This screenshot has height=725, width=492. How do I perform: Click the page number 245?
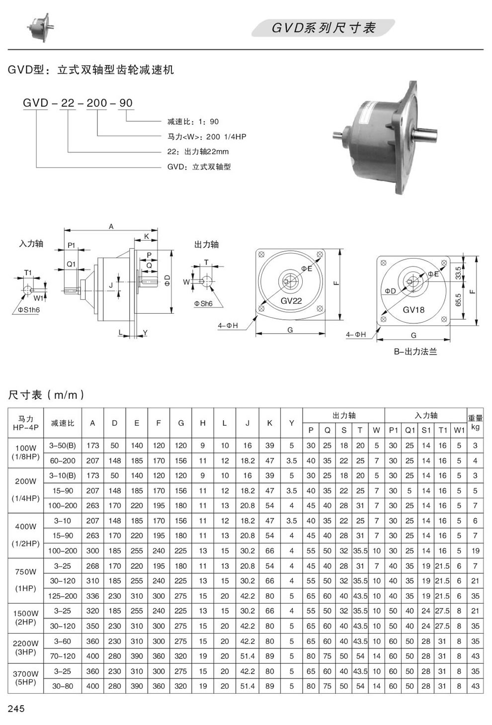[x=16, y=708]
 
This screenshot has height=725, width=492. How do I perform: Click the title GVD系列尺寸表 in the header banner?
[x=323, y=28]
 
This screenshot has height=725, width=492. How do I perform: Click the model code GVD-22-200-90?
[x=78, y=103]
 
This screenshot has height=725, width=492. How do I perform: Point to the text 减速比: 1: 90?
[x=193, y=121]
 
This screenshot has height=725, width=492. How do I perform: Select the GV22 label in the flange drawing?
[x=291, y=300]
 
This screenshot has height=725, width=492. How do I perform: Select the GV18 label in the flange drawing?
[x=413, y=309]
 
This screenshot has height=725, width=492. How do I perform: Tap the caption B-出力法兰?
[x=415, y=352]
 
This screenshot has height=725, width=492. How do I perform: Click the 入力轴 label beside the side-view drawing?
[x=31, y=243]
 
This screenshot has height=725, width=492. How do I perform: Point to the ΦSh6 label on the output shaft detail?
[x=203, y=303]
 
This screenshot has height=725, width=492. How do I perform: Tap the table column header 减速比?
[x=63, y=423]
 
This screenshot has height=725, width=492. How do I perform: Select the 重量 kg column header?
[x=475, y=423]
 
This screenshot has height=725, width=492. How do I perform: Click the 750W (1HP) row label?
[x=26, y=580]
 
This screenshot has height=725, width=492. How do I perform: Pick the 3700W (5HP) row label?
[x=26, y=678]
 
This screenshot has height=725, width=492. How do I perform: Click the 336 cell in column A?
[x=92, y=596]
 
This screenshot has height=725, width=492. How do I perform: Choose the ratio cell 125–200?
[x=63, y=596]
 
